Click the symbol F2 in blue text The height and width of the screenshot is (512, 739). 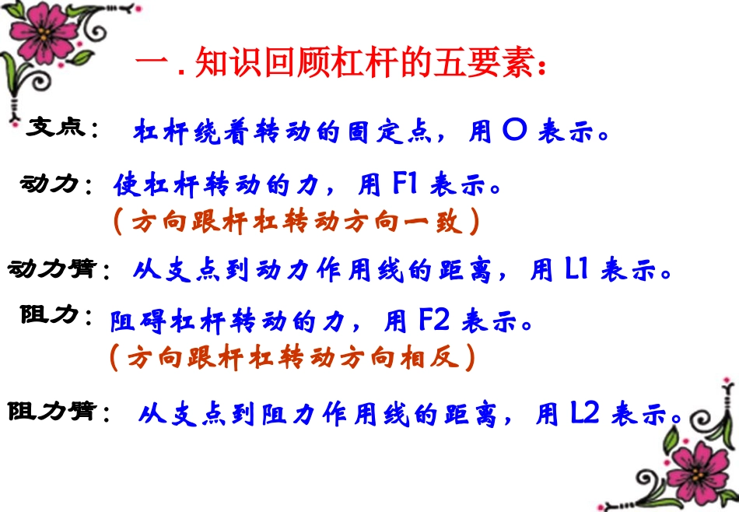(x=433, y=320)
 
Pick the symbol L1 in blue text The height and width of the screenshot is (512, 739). (x=576, y=269)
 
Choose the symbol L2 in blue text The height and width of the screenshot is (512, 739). (x=584, y=414)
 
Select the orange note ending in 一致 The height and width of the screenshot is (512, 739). (x=296, y=223)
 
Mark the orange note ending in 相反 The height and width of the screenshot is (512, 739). (x=291, y=357)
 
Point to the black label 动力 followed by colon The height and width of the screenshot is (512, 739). (x=50, y=184)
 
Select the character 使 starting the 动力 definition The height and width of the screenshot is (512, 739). (x=125, y=185)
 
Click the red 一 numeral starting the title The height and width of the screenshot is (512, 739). (x=152, y=64)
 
